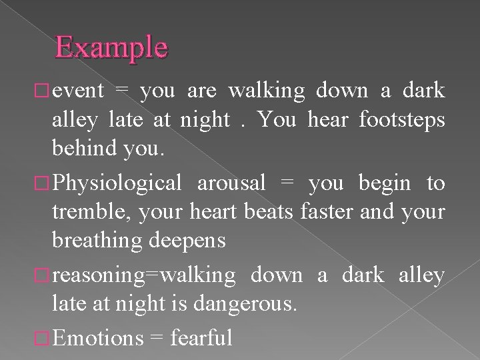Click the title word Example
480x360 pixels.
(x=112, y=47)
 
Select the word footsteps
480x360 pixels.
(x=401, y=121)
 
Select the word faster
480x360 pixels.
(x=340, y=213)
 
